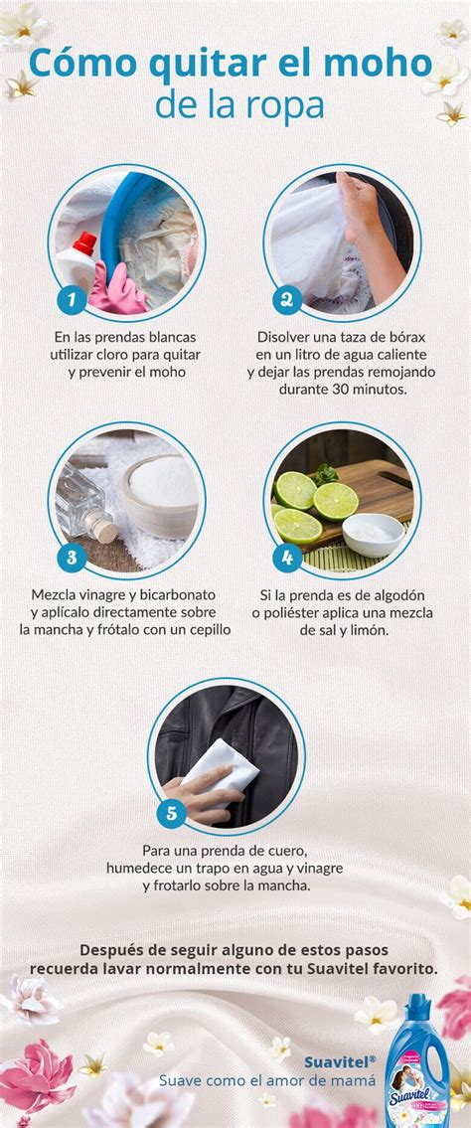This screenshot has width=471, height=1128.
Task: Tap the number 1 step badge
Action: coord(71,298)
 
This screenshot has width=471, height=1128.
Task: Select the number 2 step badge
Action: coord(286,298)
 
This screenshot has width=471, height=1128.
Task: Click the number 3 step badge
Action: coord(71,557)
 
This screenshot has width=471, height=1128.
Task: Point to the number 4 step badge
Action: coord(286,557)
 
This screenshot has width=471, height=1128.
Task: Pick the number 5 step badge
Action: coord(171,814)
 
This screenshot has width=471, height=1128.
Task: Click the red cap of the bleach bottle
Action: coord(86,242)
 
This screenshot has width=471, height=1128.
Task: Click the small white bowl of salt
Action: coord(373,533)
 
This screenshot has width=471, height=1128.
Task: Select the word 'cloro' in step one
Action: coord(142,354)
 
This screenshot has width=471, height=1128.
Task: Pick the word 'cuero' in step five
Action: coord(287,851)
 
